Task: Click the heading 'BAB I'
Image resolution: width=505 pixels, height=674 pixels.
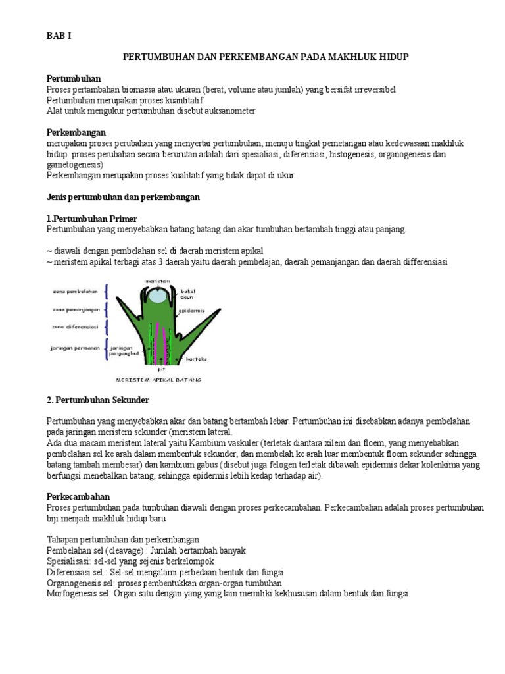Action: click(x=59, y=36)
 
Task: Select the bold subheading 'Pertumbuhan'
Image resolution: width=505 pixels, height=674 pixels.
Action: click(x=74, y=78)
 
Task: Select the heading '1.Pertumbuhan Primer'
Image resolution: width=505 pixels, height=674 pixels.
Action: click(x=91, y=219)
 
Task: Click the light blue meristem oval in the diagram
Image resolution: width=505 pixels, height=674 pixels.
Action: click(x=158, y=296)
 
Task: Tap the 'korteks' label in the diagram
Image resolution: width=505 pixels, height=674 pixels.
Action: click(x=195, y=359)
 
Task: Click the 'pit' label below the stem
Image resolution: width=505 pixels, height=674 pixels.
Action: click(x=159, y=369)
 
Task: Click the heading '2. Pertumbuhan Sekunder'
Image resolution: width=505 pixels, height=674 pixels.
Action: click(x=98, y=400)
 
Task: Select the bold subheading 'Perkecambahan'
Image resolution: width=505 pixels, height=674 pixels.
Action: click(x=78, y=497)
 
